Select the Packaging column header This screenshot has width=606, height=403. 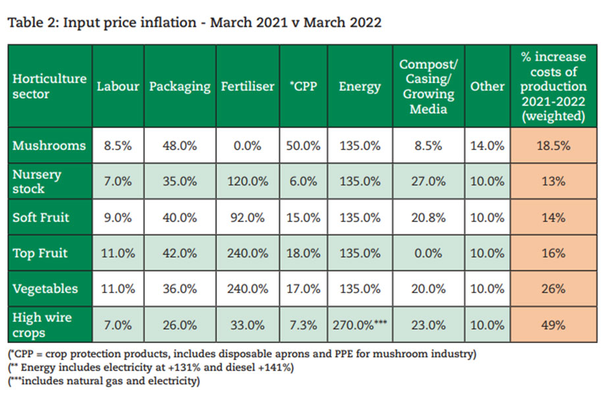(x=179, y=86)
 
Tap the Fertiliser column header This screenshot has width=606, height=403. (x=248, y=86)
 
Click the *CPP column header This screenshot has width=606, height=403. (x=303, y=86)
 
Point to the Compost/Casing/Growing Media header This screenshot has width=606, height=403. (x=428, y=86)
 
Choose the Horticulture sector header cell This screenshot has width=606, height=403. (x=49, y=86)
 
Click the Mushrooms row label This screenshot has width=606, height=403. (x=49, y=146)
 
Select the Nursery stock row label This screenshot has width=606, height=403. (x=37, y=181)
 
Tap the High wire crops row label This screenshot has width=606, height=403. (x=42, y=324)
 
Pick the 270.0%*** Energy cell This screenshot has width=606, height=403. (x=360, y=325)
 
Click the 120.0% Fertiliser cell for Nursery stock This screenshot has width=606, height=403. (x=248, y=182)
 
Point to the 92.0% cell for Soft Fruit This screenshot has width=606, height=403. (x=248, y=217)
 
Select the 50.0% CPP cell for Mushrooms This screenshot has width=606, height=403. (x=303, y=146)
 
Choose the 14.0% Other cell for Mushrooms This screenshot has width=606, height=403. (x=487, y=146)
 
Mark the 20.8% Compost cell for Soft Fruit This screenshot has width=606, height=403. (x=428, y=217)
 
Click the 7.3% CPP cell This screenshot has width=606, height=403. (x=303, y=325)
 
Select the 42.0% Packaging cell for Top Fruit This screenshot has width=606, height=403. (x=179, y=253)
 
